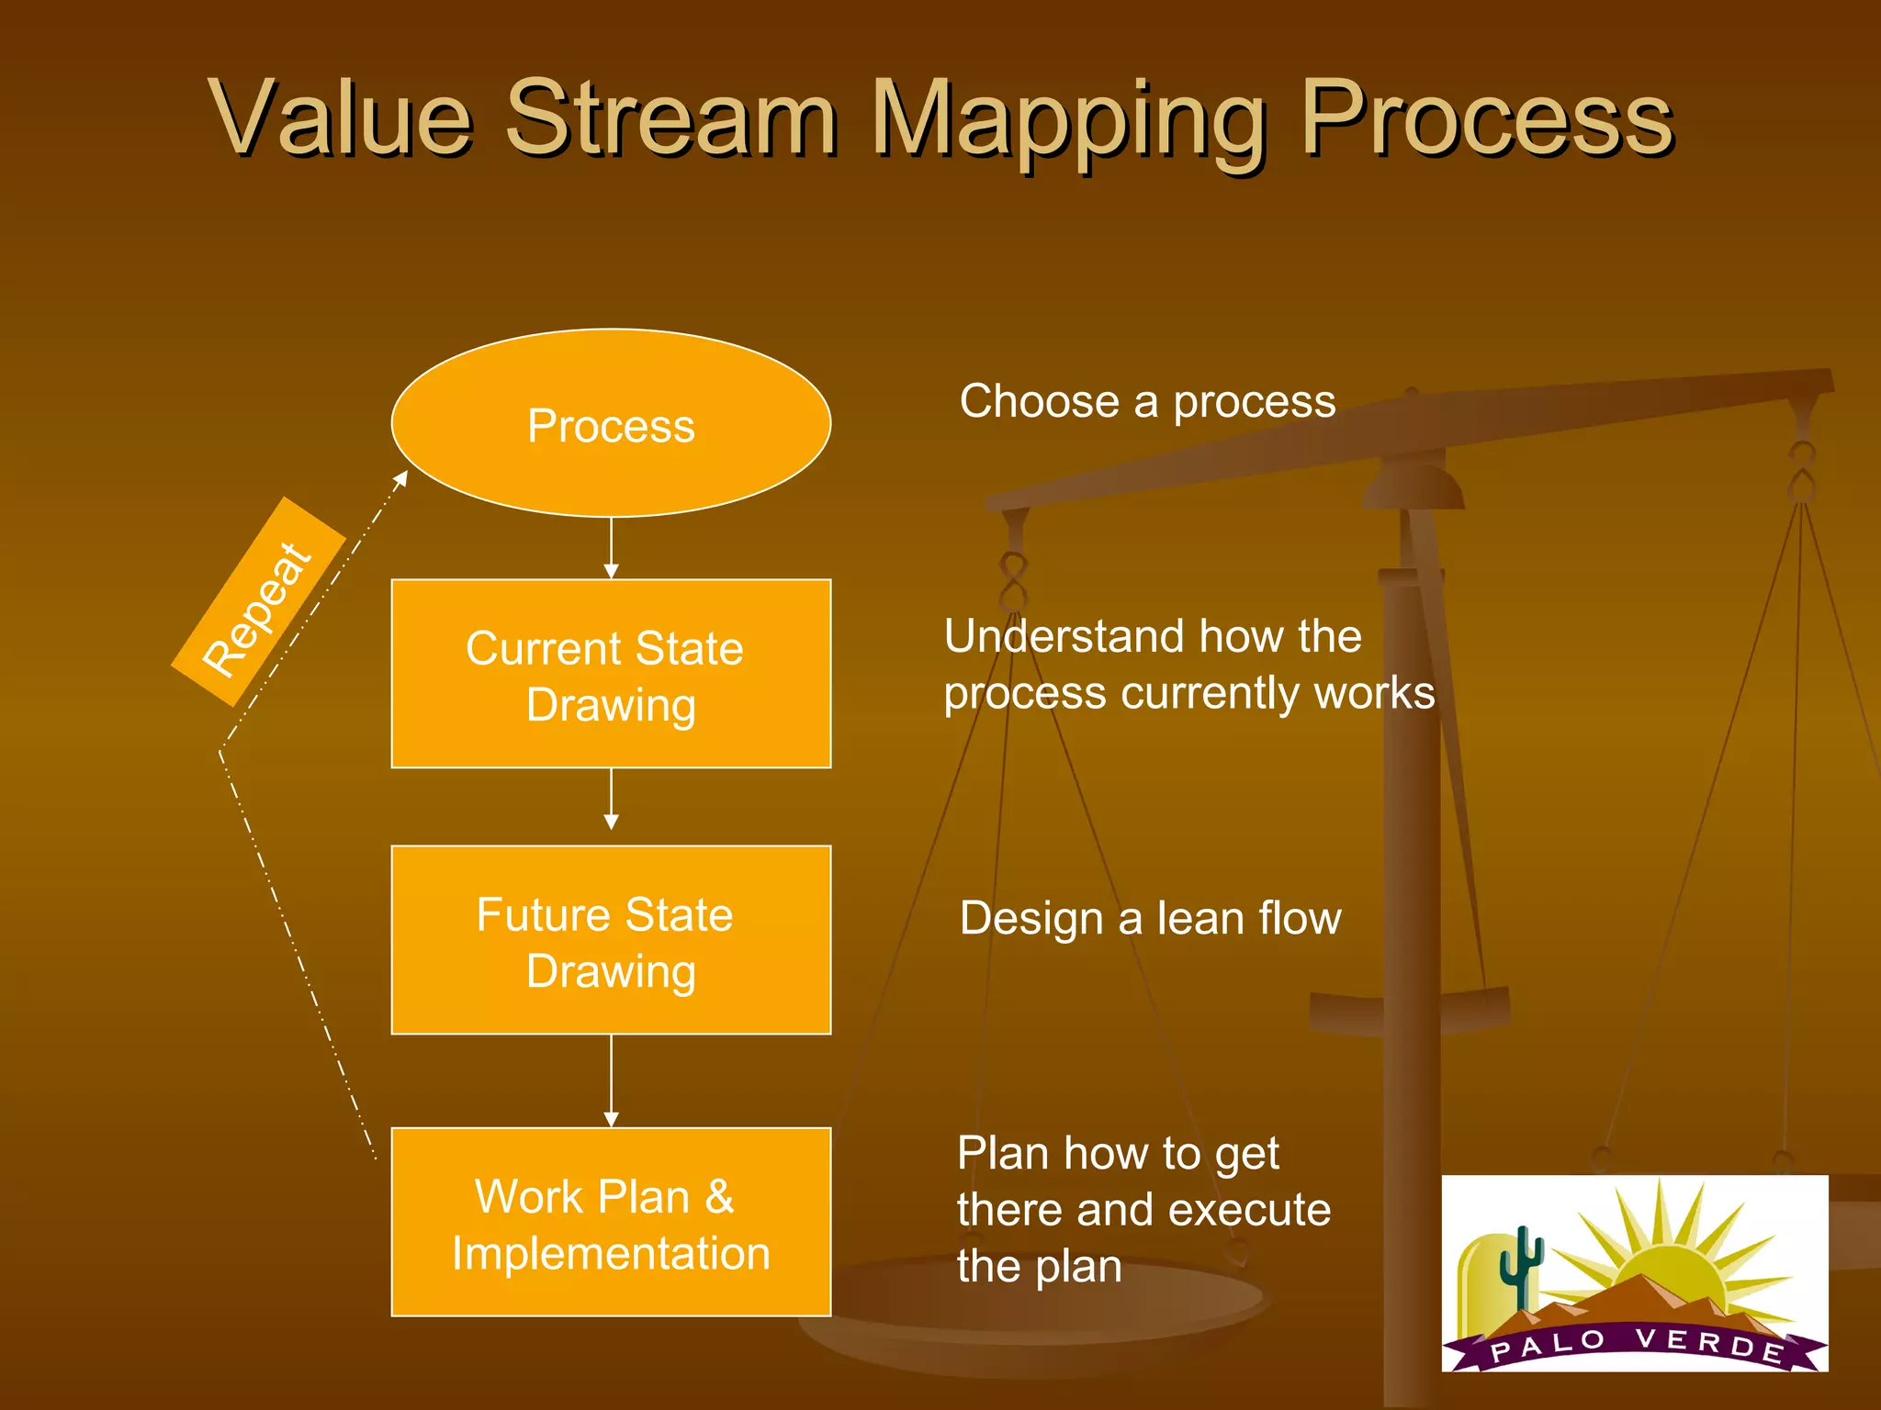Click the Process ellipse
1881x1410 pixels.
coord(611,423)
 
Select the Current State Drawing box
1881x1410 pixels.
coord(611,674)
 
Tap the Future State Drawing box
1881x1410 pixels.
coord(611,940)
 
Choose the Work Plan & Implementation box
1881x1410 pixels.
coord(611,1222)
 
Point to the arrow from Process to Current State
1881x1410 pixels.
coord(611,549)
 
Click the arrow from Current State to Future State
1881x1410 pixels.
coord(611,800)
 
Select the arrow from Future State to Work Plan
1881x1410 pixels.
coord(611,1081)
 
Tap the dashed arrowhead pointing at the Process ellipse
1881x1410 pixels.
coord(400,478)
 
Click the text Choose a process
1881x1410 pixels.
coord(1147,401)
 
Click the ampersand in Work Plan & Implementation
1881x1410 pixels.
coord(719,1196)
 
